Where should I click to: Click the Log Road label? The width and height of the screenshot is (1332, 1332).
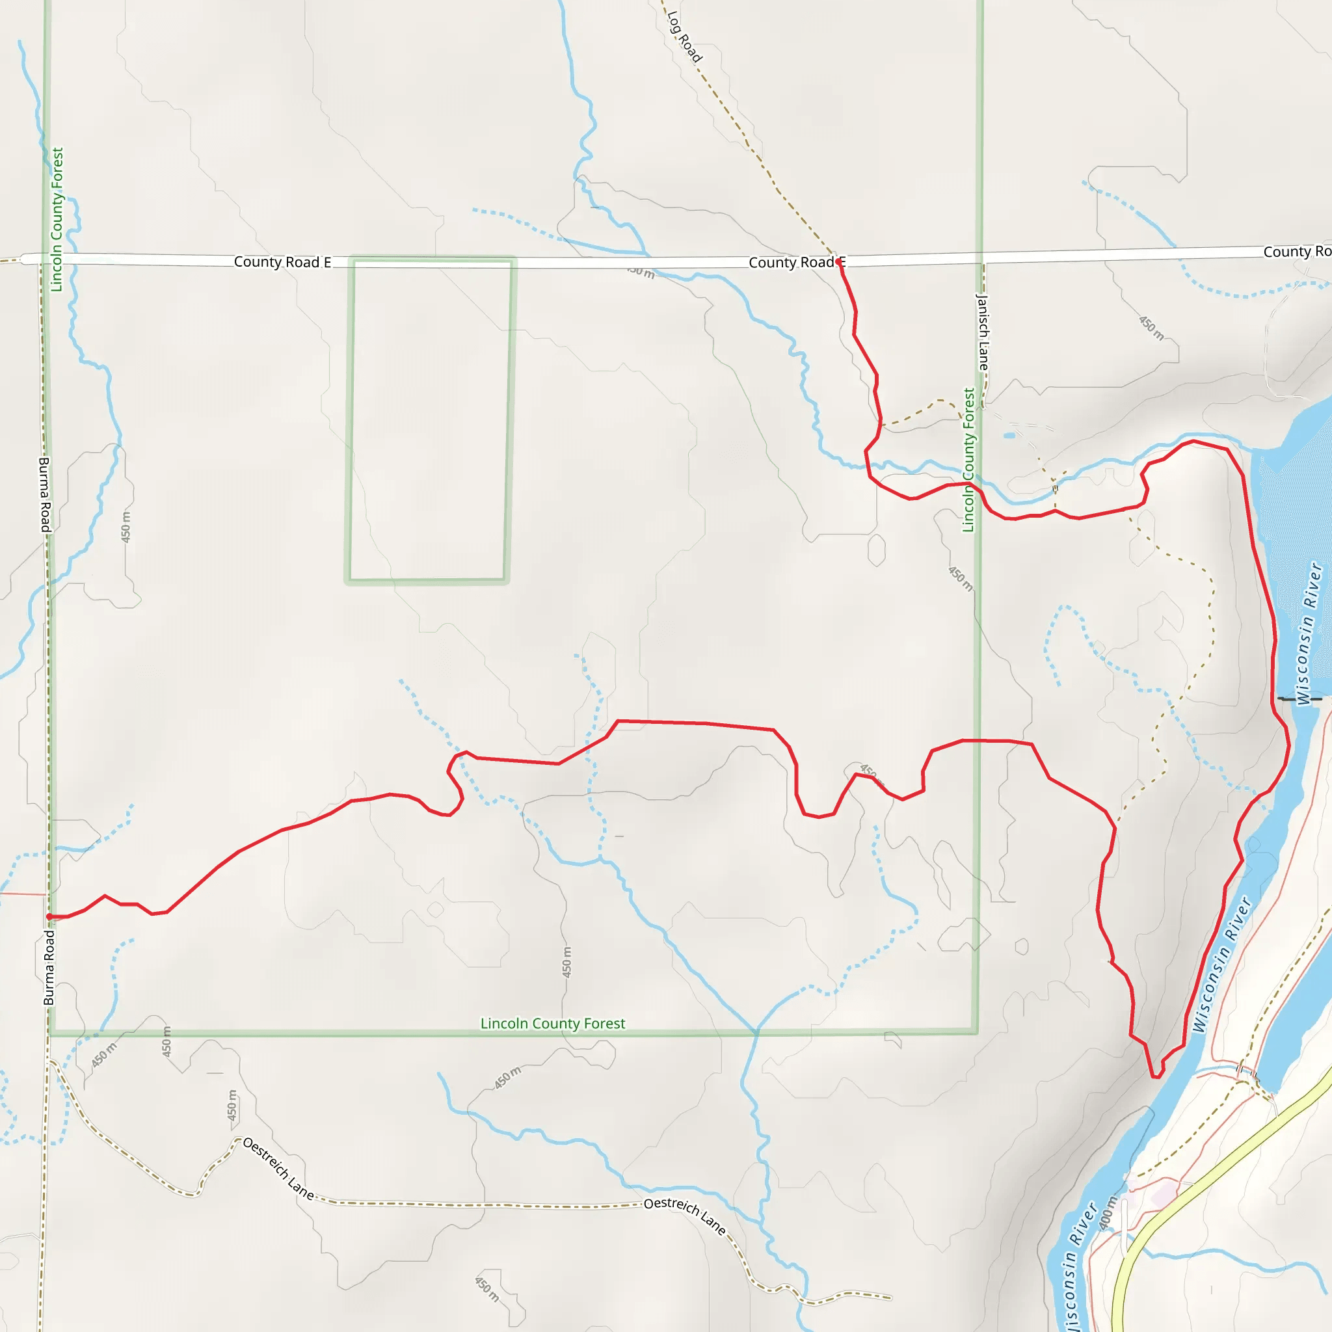coord(684,37)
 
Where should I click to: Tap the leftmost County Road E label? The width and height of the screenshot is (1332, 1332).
coord(282,262)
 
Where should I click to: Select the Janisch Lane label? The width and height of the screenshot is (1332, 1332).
coord(983,332)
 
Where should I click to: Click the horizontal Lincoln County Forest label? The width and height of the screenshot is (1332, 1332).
coord(552,1024)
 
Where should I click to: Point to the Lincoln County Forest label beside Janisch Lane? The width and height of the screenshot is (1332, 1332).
coord(968,460)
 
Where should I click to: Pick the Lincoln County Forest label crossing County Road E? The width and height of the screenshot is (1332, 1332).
coord(57,219)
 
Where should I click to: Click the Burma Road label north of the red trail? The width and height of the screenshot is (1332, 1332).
coord(45,494)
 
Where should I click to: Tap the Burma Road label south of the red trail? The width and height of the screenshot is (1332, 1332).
coord(49,968)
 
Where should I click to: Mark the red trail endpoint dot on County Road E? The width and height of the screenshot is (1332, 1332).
coord(838,262)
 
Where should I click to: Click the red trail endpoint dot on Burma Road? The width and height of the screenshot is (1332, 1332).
coord(49,917)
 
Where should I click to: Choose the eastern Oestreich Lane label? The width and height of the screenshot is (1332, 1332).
coord(685,1216)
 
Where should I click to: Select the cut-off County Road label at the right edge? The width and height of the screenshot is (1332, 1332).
coord(1296,252)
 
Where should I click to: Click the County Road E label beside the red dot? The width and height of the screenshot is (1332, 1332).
coord(793,263)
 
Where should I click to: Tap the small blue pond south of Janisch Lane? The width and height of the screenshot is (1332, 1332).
coord(1010,436)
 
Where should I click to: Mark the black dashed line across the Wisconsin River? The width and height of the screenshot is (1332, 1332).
coord(1299,699)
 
